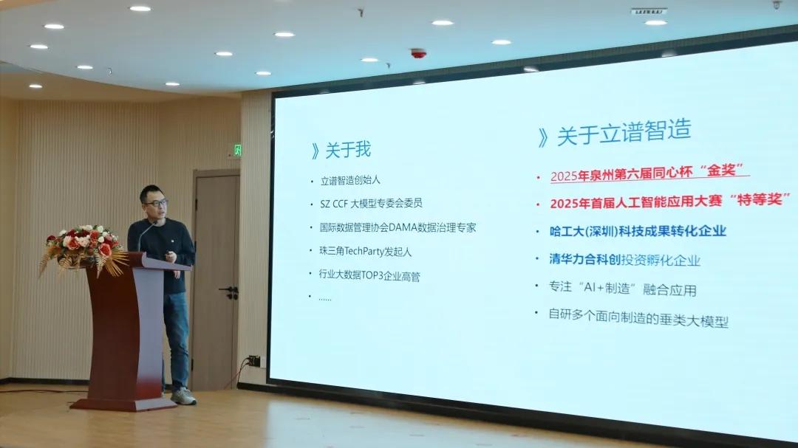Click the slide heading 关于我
click(348, 150)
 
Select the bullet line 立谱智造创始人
click(350, 180)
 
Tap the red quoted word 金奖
click(722, 170)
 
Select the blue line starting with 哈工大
click(638, 231)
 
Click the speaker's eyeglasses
click(156, 203)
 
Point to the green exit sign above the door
click(237, 150)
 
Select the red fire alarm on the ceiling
click(418, 53)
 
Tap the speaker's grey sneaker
click(183, 396)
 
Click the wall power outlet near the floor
click(254, 360)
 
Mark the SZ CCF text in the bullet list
click(333, 204)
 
